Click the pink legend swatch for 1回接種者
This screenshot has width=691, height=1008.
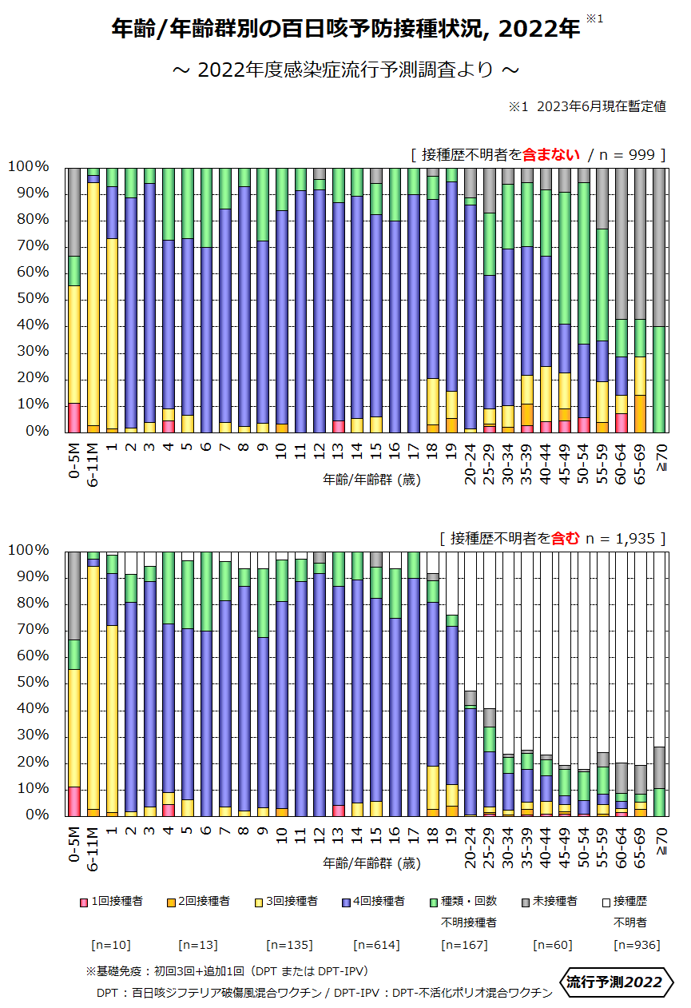click(83, 902)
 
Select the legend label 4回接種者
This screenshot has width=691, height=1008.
click(379, 901)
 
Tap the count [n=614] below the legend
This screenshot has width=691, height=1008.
click(376, 945)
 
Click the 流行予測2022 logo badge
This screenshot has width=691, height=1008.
click(614, 982)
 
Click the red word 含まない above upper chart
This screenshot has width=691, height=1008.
click(551, 154)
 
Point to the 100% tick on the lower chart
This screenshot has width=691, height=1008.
click(30, 551)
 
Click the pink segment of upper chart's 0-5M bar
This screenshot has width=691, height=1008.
click(74, 417)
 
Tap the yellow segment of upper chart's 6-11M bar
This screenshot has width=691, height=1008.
click(93, 304)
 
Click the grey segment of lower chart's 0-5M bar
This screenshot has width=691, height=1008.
click(74, 595)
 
